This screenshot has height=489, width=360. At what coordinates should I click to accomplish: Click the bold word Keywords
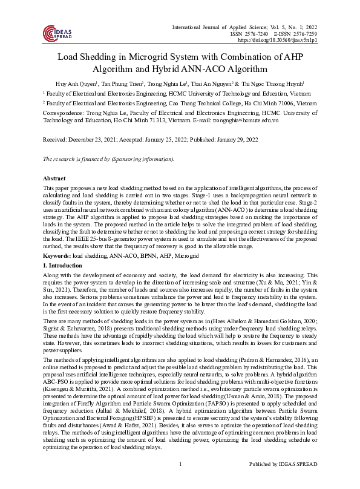click(56, 257)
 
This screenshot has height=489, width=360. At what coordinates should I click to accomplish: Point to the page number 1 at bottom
click(181, 481)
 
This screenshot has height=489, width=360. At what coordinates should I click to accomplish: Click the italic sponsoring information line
click(108, 159)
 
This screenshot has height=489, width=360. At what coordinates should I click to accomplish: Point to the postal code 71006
click(285, 103)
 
